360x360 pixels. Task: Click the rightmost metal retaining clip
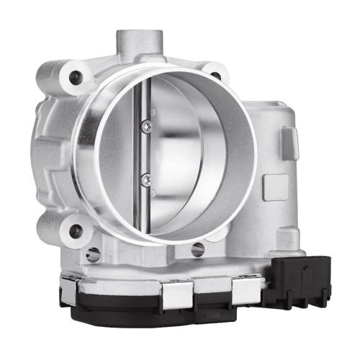point(245,289)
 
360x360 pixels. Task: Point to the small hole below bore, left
point(92,253)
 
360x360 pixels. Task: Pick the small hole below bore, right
point(197,250)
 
